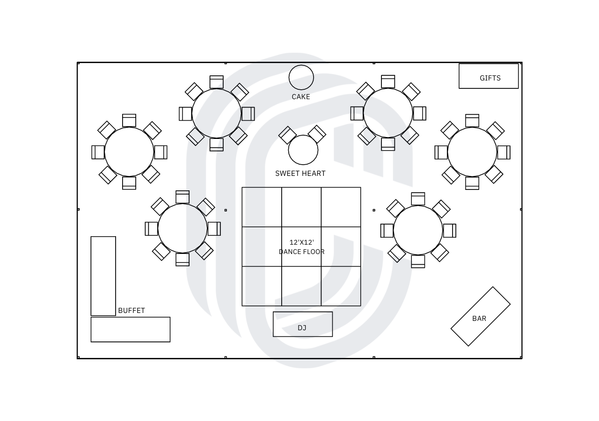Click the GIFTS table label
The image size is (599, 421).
tap(490, 78)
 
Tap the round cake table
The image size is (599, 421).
tap(301, 77)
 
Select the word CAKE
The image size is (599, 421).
tap(301, 97)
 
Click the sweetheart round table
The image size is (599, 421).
tap(303, 150)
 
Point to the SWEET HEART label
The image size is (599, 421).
tap(300, 174)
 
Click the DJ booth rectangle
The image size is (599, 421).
tap(303, 324)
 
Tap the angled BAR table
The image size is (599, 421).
tap(481, 317)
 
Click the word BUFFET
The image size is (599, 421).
tap(131, 310)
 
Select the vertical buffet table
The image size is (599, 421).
tap(103, 276)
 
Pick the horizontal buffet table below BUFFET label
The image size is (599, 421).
tap(131, 329)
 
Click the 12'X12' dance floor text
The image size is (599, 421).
tap(302, 242)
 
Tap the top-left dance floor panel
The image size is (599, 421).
tap(262, 207)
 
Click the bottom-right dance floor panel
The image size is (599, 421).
tap(341, 286)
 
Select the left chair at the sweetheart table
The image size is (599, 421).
tap(287, 135)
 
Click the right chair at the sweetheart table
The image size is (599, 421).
tap(317, 134)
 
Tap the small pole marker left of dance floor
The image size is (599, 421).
tap(226, 210)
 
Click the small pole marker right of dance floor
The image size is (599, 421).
tap(374, 210)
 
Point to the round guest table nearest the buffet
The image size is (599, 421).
tap(183, 229)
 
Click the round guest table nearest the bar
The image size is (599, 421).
tap(418, 230)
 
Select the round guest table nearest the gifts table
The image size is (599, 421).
tap(472, 152)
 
